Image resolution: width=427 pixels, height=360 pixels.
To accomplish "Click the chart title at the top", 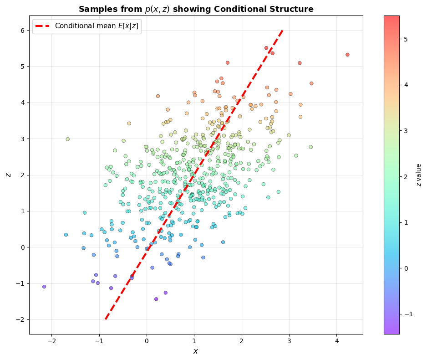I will (x=196, y=9).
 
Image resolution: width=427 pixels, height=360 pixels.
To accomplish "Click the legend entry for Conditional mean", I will (x=97, y=26).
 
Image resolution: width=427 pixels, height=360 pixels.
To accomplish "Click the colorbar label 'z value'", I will (x=419, y=175).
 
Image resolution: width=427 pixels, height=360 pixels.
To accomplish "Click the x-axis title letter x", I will (x=196, y=351).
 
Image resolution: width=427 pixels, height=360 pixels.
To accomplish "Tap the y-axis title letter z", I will (x=8, y=175).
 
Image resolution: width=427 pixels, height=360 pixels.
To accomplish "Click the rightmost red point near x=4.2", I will (x=347, y=55).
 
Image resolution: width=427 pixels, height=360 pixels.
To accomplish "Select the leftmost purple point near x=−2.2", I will (x=44, y=287).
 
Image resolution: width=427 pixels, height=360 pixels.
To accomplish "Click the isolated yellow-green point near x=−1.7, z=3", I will (x=67, y=139).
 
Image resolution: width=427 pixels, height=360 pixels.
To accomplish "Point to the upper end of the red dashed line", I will (x=283, y=31).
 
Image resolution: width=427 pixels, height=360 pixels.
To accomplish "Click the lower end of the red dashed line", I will (x=106, y=319).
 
